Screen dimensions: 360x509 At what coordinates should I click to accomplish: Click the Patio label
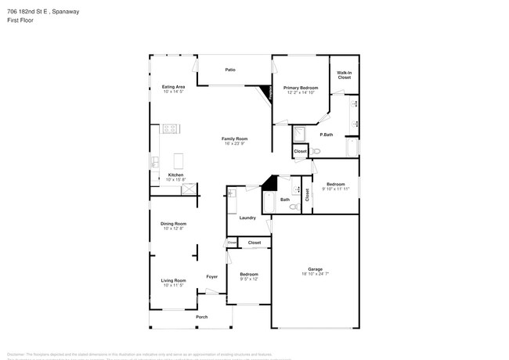pyautogui.click(x=230, y=70)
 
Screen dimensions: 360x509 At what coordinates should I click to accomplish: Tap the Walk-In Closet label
pyautogui.click(x=344, y=76)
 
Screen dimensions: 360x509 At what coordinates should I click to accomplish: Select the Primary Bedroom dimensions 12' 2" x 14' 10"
pyautogui.click(x=301, y=92)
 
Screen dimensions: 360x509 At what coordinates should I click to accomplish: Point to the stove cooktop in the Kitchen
pyautogui.click(x=171, y=128)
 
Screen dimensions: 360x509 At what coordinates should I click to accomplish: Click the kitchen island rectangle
pyautogui.click(x=177, y=160)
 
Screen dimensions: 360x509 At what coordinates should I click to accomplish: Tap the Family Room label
pyautogui.click(x=234, y=139)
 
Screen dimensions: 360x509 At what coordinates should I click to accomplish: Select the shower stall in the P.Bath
pyautogui.click(x=299, y=133)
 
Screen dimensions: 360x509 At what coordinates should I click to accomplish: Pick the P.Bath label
pyautogui.click(x=327, y=135)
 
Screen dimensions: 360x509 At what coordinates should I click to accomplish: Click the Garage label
pyautogui.click(x=315, y=268)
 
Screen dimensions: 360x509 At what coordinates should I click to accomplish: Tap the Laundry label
pyautogui.click(x=247, y=218)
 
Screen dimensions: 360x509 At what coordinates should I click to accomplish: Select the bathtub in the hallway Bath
pyautogui.click(x=269, y=202)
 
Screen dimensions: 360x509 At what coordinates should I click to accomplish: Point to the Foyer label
pyautogui.click(x=211, y=276)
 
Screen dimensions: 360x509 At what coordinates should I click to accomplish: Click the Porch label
pyautogui.click(x=201, y=317)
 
